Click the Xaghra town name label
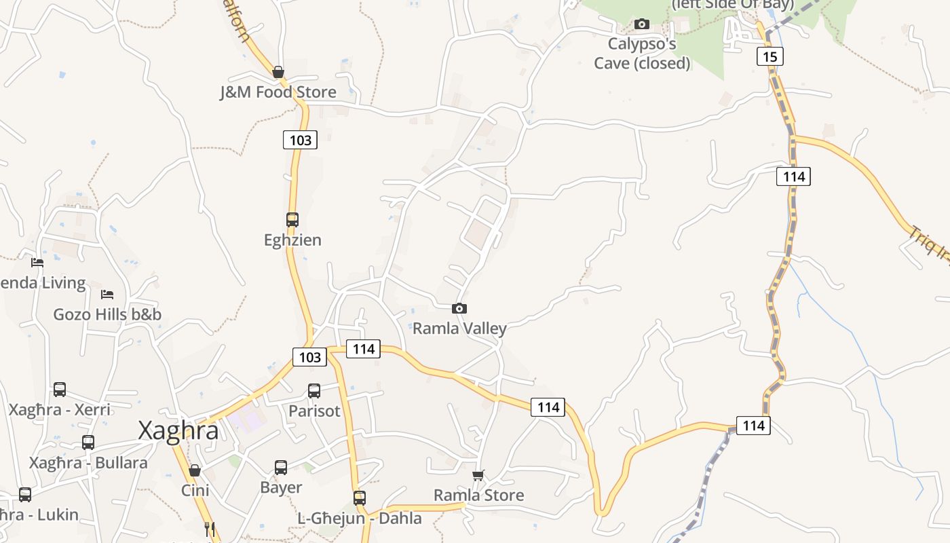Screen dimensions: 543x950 [178, 431]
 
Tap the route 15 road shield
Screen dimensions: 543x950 [769, 56]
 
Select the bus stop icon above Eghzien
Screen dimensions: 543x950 [292, 220]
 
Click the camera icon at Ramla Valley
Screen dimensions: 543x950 [459, 309]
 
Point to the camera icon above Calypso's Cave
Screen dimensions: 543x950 [641, 24]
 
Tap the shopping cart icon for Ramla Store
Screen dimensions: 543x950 [478, 475]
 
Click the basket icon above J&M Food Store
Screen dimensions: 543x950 [278, 72]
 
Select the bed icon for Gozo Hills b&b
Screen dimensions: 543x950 [107, 295]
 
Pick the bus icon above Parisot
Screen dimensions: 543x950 [314, 391]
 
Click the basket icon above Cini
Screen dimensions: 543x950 [195, 470]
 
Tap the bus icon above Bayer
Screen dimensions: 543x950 [281, 468]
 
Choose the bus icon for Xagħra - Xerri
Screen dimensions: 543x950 [60, 390]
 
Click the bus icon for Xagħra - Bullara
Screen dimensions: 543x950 [88, 443]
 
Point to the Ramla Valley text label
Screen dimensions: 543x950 [460, 329]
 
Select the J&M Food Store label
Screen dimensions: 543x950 [278, 92]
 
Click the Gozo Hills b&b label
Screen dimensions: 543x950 [107, 315]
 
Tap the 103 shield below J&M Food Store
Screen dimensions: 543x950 [300, 140]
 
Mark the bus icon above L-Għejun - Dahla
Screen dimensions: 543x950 [360, 498]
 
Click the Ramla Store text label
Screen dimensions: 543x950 [479, 495]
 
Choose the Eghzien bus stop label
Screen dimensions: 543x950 [292, 240]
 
